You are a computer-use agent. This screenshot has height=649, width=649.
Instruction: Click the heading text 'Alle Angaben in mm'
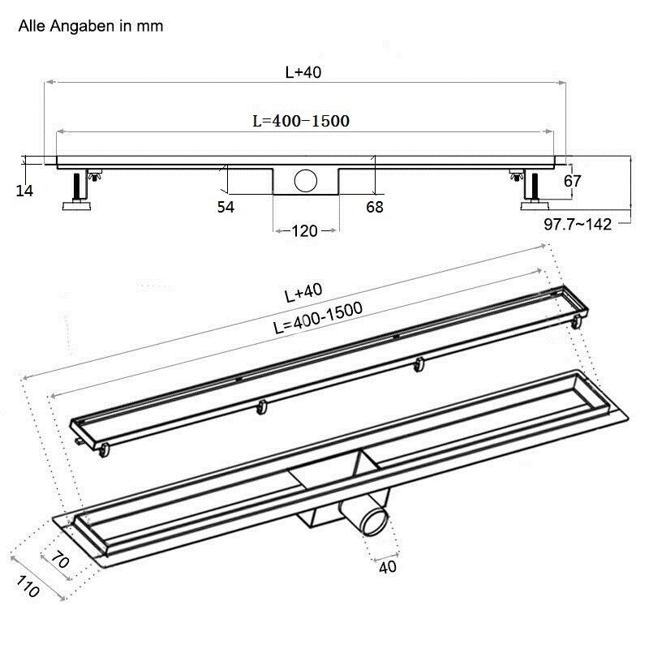[x=91, y=26]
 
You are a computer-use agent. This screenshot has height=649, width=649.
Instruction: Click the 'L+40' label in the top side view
[x=303, y=72]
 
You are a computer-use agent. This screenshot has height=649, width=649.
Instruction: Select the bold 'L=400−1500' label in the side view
[x=301, y=121]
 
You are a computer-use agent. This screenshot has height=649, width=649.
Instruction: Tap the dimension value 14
[x=24, y=191]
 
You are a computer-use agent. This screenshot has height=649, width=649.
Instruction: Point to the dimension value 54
[x=226, y=207]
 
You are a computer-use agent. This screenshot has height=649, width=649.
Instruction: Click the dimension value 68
[x=375, y=207]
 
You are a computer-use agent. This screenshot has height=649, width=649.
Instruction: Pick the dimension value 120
[x=305, y=231]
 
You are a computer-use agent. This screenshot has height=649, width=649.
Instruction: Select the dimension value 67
[x=573, y=181]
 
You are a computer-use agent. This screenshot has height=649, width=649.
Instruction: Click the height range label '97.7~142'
[x=578, y=225]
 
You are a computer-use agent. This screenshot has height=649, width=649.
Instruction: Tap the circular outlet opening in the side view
[x=306, y=180]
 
